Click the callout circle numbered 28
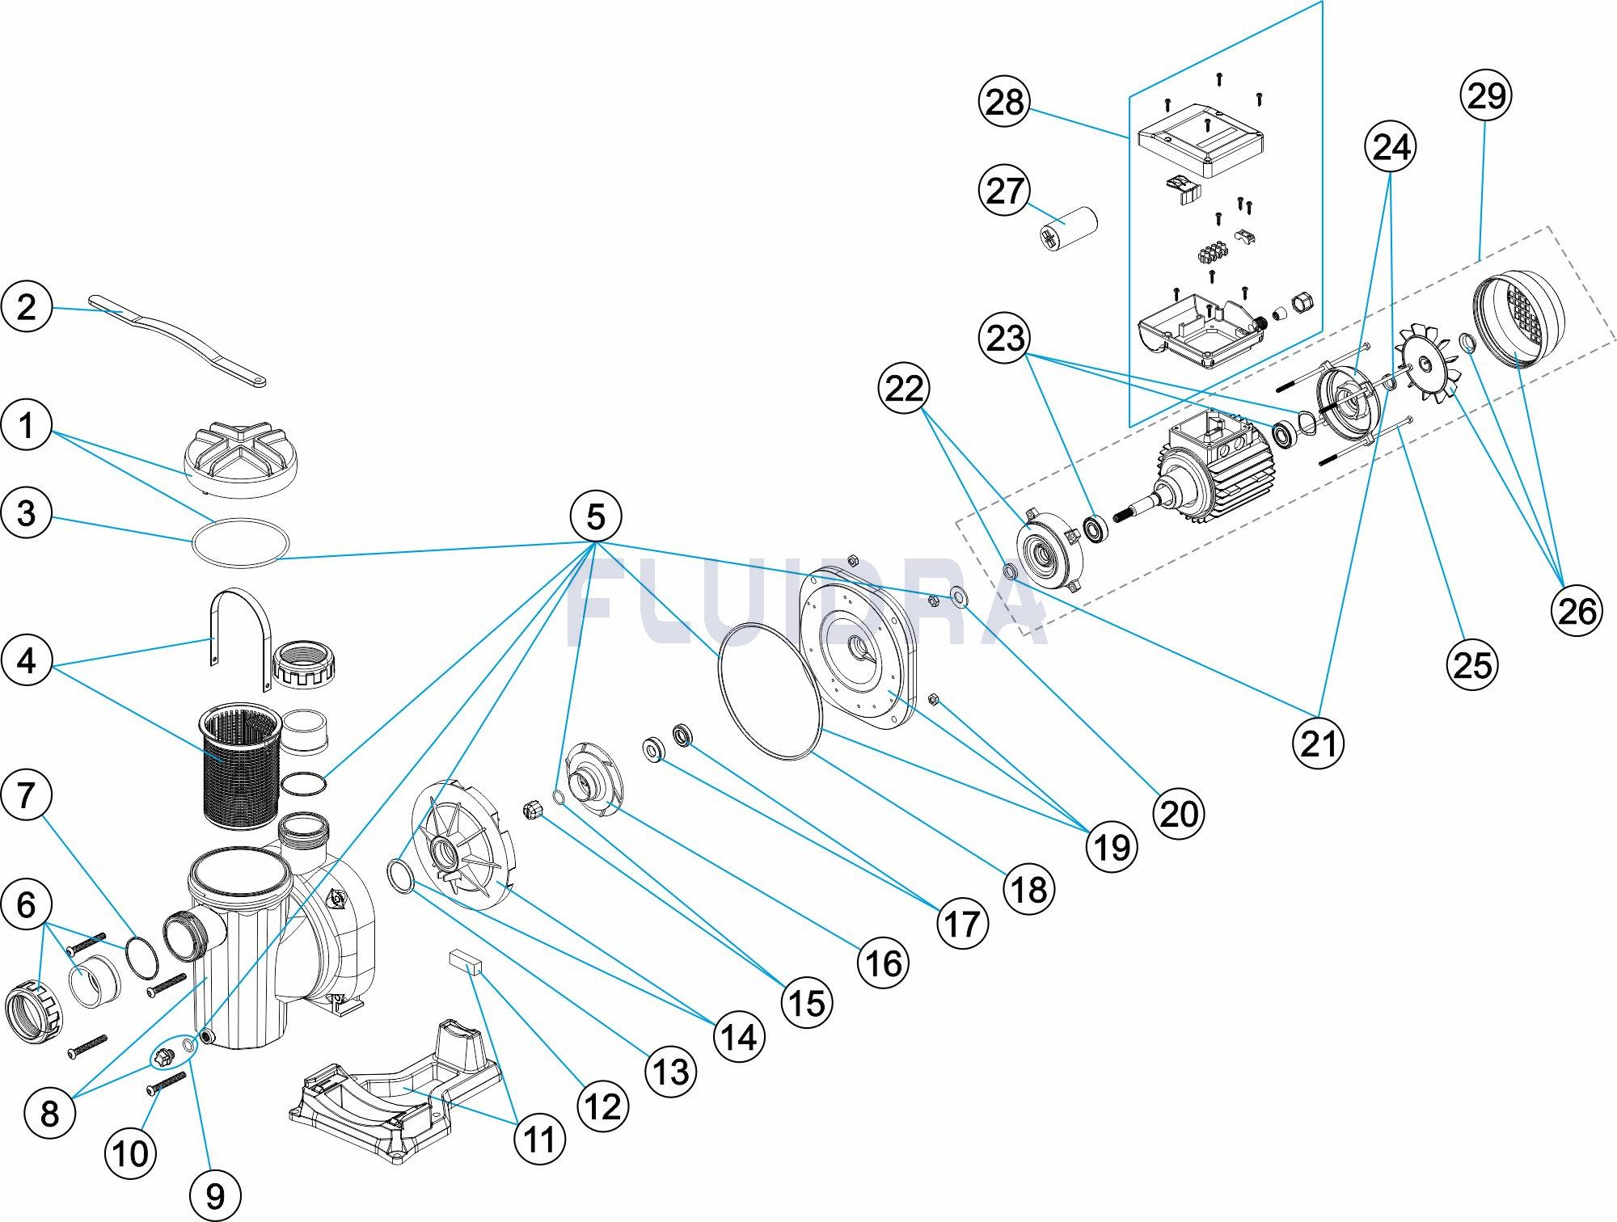[x=1005, y=103]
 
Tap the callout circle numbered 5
[x=596, y=516]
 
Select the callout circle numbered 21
[x=1318, y=743]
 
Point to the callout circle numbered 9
[x=215, y=1195]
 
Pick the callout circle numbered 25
[x=1472, y=665]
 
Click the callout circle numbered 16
[x=883, y=963]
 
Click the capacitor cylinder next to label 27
[x=1066, y=225]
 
